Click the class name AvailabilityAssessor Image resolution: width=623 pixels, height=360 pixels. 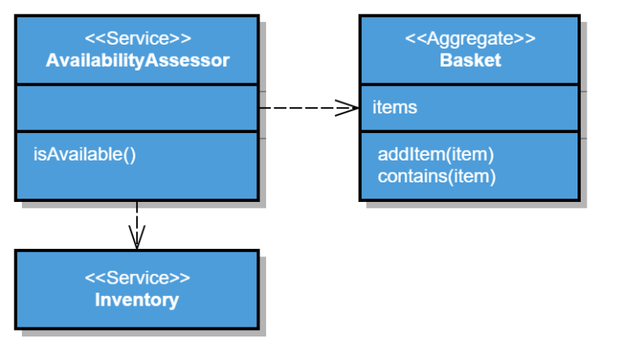[x=137, y=60]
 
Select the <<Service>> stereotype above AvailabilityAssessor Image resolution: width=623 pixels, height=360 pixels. [x=137, y=38]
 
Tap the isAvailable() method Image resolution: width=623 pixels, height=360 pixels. [x=84, y=153]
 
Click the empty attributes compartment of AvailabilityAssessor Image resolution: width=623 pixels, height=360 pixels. [x=137, y=107]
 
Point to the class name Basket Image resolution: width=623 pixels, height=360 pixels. [x=470, y=60]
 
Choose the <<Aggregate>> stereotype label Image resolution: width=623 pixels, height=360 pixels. [x=470, y=38]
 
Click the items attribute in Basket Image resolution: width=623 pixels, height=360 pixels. [x=395, y=107]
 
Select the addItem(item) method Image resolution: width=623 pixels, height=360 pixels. [x=436, y=154]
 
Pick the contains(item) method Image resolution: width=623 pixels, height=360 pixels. [x=436, y=175]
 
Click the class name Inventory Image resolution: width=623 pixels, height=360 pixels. [x=137, y=300]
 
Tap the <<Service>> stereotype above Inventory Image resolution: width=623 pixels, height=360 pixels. [x=137, y=278]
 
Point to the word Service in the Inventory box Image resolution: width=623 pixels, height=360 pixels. [x=137, y=278]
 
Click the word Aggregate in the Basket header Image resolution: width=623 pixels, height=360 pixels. [x=470, y=38]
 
